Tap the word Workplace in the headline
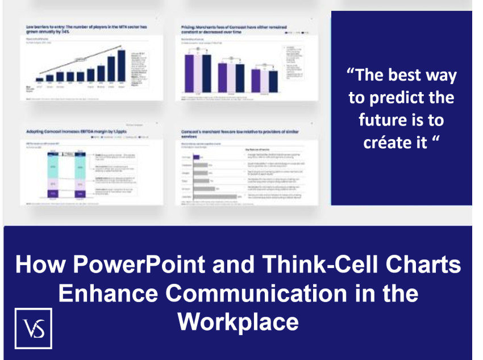238,321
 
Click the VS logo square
34,328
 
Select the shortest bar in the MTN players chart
39,79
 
